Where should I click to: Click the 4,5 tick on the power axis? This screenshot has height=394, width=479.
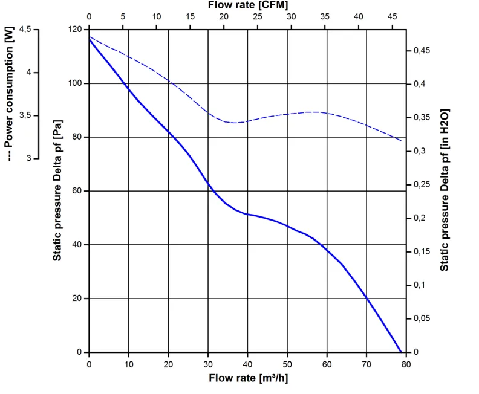point(25,29)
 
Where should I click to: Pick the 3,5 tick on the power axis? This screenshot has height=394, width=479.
point(25,115)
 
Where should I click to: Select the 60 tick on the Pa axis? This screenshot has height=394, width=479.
point(77,191)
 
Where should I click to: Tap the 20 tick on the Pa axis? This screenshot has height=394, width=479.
point(77,299)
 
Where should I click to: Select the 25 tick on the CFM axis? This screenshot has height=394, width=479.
point(257,16)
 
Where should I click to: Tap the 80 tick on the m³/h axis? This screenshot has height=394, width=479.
point(406,364)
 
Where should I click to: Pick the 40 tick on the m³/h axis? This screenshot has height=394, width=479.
point(247,364)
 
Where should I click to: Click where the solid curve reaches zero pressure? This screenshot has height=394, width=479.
point(400,352)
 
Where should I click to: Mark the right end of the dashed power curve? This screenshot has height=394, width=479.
point(402,141)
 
